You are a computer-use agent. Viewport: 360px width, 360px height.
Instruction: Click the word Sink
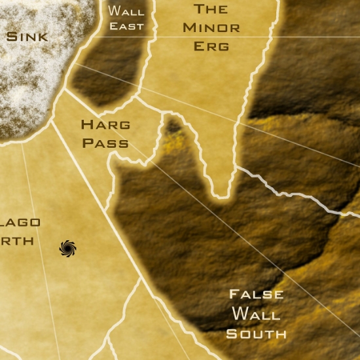[x=27, y=36]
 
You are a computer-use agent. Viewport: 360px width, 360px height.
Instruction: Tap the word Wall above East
[x=126, y=11]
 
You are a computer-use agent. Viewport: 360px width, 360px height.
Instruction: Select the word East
[x=126, y=27]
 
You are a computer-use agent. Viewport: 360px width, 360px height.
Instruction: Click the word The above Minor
[x=211, y=9]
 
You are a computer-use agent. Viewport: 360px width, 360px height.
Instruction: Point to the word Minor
[x=211, y=27]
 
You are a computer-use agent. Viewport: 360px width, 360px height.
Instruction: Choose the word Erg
[x=211, y=46]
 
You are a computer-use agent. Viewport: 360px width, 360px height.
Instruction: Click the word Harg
[x=105, y=124]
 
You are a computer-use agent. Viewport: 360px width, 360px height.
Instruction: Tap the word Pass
[x=105, y=143]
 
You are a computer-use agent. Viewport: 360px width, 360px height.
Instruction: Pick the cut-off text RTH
[x=17, y=241]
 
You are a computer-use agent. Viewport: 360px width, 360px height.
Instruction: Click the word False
[x=256, y=295]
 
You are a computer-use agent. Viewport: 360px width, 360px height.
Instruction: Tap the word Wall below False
[x=256, y=314]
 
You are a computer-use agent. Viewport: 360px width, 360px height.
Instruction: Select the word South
[x=256, y=334]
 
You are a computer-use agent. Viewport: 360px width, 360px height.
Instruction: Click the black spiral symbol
[x=68, y=247]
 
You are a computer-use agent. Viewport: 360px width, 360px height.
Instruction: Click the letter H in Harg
[x=86, y=124]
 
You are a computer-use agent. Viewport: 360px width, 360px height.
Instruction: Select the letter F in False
[x=234, y=294]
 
